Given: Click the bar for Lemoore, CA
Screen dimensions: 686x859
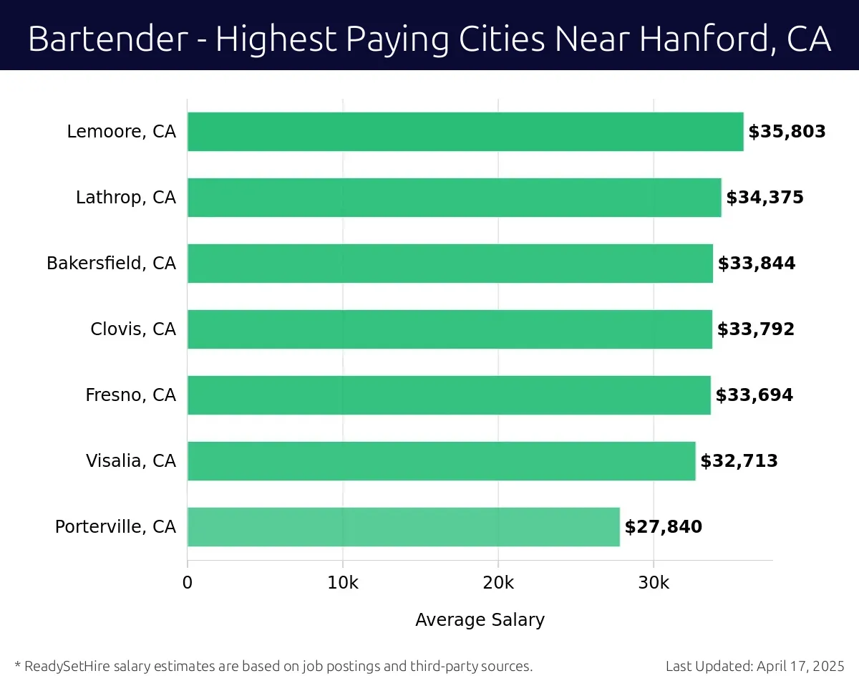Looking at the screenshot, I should coord(465,132).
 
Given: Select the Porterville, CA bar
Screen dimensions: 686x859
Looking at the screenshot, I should coord(403,527).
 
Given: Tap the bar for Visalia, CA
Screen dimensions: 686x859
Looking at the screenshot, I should coord(441,461).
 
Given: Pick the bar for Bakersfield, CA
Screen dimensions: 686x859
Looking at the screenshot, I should coord(450,264).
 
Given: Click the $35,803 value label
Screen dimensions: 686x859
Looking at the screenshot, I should coord(787,132).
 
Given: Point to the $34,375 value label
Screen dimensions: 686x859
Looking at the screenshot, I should coord(765,198).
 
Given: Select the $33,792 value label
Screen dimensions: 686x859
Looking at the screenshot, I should coord(756,329).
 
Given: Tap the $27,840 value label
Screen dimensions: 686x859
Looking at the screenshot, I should coord(663,527).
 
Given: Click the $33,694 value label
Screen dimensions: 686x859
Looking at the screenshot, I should coord(754,395).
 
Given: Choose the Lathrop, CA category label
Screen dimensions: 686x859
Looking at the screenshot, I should coord(125,198).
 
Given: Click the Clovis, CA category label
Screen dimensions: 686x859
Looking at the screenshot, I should coord(132,329).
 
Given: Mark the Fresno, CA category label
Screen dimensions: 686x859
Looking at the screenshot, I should coord(130,395).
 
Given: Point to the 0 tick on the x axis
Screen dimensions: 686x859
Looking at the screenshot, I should coord(188,583).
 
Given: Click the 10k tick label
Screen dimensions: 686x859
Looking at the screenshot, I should coord(343,583).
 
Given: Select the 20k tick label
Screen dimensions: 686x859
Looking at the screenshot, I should coord(498,583).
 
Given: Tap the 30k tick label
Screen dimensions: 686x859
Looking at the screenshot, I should coord(654,583).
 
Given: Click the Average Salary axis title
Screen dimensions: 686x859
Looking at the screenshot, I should coord(480,620).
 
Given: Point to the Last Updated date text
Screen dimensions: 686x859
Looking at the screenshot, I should coord(755,667).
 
